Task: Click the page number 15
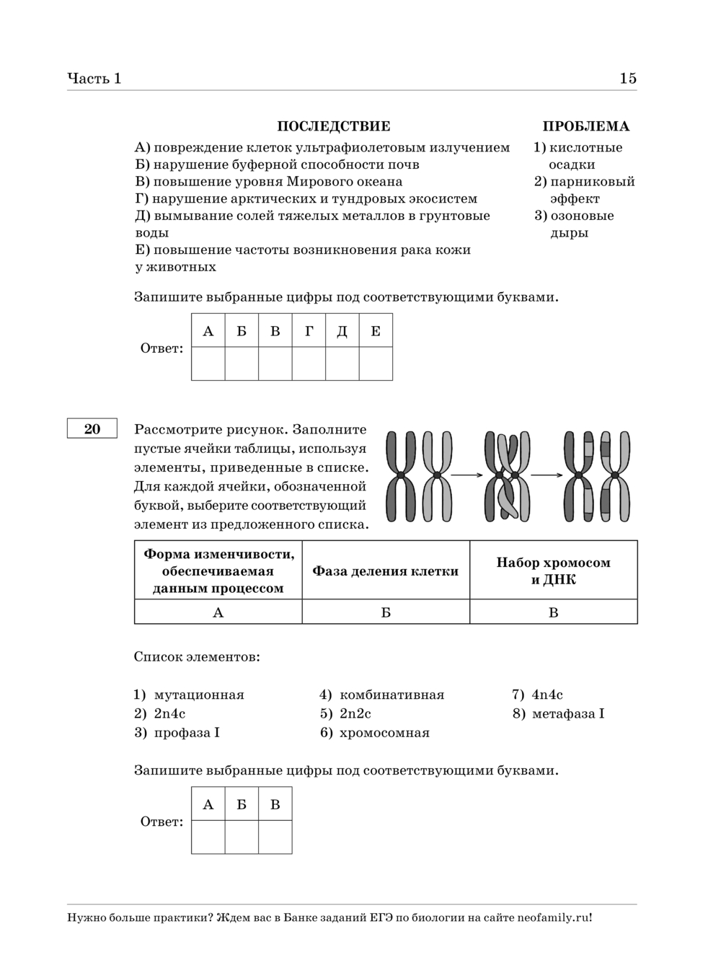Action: (628, 79)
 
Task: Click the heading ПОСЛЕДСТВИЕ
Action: (334, 126)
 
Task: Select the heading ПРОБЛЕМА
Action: (585, 126)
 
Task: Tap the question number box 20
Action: (92, 429)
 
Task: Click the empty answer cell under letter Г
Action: (309, 364)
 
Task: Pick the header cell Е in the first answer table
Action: (376, 331)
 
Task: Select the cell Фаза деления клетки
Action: (386, 571)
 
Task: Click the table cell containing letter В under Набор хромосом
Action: (554, 612)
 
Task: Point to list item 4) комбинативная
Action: (382, 695)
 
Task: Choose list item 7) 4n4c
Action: (538, 695)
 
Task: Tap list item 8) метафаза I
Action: (559, 713)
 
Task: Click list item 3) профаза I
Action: (177, 733)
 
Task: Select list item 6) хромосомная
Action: (375, 733)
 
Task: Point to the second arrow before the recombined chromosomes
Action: (548, 475)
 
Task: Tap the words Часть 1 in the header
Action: (94, 79)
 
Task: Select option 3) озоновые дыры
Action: (575, 224)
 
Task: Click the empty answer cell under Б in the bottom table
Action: (242, 837)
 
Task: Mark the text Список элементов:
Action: (197, 657)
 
